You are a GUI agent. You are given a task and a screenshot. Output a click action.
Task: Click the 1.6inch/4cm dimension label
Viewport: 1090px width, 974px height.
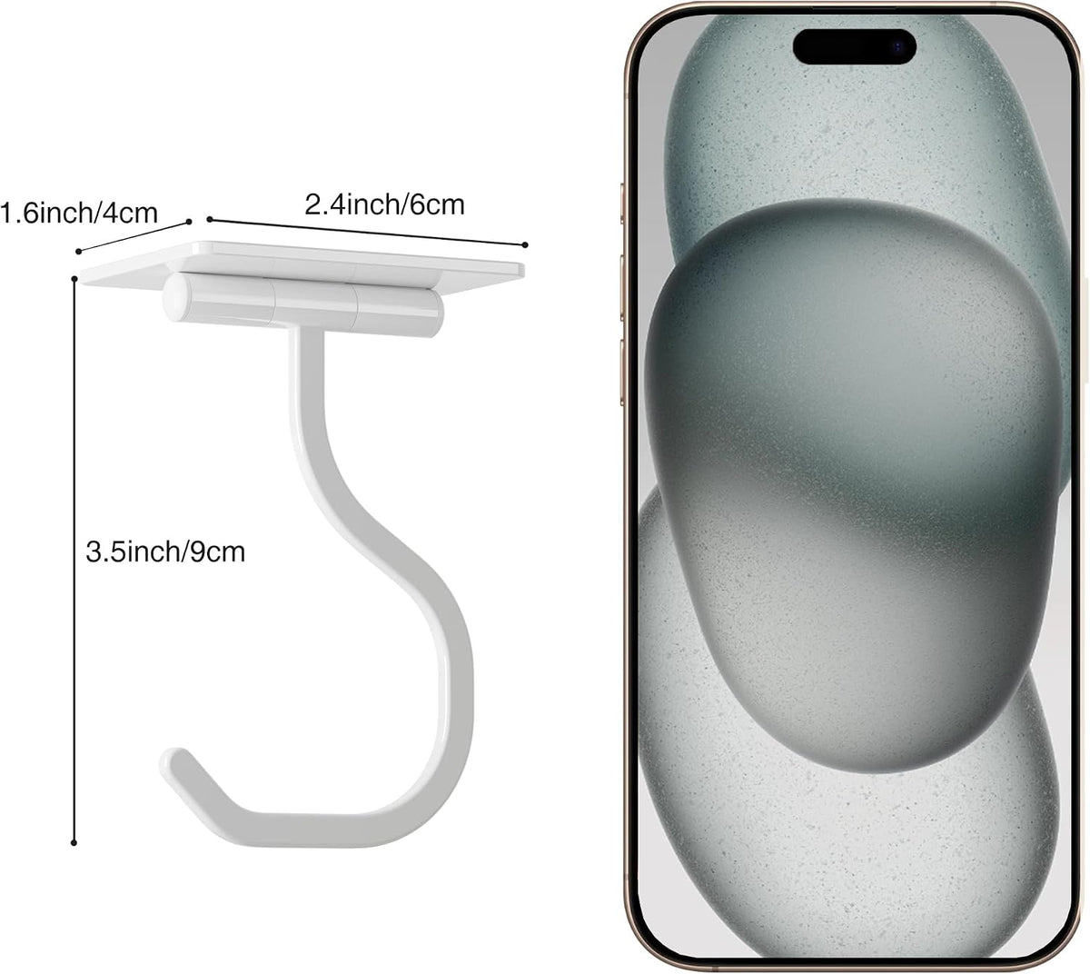[78, 214]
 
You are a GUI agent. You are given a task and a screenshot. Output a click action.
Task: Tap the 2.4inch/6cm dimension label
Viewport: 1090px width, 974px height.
[384, 205]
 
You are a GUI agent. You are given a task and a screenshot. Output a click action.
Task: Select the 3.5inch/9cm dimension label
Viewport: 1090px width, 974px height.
[165, 552]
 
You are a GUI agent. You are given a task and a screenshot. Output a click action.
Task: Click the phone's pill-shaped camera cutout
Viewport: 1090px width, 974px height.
[854, 47]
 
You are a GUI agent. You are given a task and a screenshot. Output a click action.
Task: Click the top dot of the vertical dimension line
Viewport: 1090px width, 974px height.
[74, 279]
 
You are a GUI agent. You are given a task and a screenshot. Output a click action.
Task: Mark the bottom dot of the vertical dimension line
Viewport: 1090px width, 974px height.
[74, 842]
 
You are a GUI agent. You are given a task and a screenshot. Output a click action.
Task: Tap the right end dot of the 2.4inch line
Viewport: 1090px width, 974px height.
[525, 244]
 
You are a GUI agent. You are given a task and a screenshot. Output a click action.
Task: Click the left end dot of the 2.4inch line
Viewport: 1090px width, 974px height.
[210, 219]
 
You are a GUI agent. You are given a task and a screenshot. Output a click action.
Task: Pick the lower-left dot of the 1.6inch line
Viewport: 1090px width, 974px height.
[78, 252]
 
